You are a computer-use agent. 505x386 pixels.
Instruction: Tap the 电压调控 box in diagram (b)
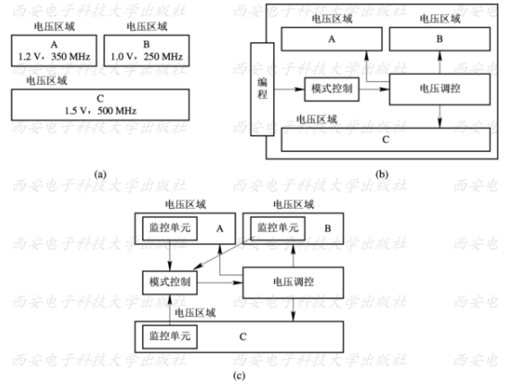[441, 89]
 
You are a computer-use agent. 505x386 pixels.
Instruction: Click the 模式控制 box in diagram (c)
[168, 283]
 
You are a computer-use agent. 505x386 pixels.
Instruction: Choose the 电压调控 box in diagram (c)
[292, 283]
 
